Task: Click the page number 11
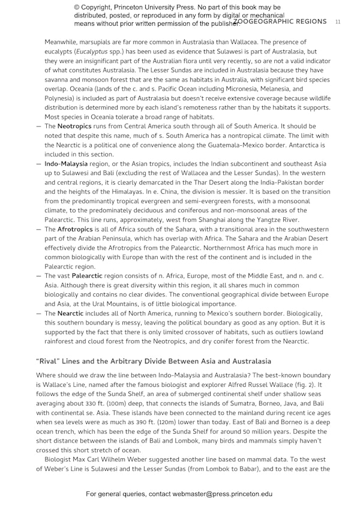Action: (x=338, y=22)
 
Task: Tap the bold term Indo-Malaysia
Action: (x=66, y=164)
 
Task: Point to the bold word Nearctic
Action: (x=70, y=313)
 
